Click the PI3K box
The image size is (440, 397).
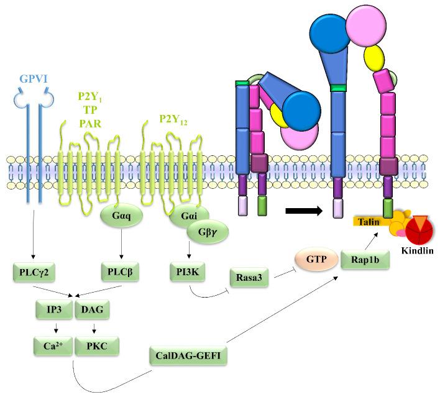pos(188,271)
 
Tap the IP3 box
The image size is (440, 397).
pos(53,308)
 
